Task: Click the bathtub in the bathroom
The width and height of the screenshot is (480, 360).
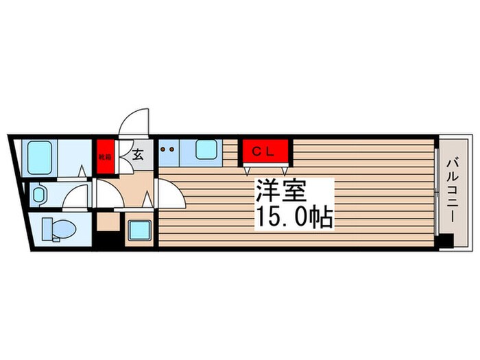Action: click(40, 159)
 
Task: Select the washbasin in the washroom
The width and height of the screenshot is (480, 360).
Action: click(38, 195)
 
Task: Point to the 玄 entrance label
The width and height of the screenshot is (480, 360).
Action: click(137, 154)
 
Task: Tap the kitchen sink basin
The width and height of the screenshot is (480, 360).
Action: click(206, 151)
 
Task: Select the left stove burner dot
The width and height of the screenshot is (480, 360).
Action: click(163, 147)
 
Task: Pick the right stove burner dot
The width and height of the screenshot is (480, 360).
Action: click(171, 147)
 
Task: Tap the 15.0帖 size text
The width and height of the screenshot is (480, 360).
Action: click(295, 217)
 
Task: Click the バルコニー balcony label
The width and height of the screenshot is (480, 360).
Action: click(453, 190)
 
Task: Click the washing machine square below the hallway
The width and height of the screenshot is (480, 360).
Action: click(139, 230)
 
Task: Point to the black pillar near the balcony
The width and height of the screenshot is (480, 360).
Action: click(446, 241)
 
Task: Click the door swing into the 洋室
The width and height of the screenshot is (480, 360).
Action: click(171, 195)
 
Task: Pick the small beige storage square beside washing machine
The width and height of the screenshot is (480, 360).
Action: click(108, 222)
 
